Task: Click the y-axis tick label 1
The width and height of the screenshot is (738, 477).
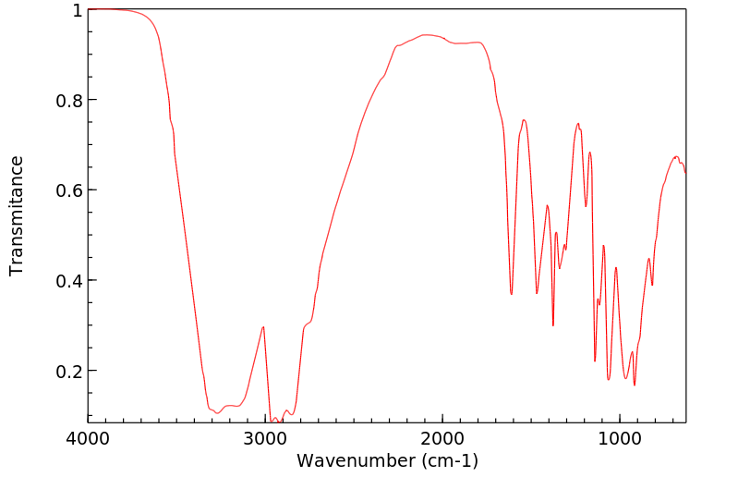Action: (77, 10)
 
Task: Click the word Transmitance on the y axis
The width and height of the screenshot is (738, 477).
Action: (17, 215)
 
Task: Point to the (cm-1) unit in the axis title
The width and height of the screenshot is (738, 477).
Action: (447, 459)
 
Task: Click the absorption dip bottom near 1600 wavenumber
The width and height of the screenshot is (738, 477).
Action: (512, 295)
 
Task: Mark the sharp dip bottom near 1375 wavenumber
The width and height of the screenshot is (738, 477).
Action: (553, 325)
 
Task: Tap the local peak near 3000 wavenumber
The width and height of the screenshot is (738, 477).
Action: (264, 326)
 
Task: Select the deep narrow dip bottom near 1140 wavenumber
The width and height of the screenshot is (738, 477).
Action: (595, 361)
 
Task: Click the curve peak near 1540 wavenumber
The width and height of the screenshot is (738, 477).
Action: (524, 119)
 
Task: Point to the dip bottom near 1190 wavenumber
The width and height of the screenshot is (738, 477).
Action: (586, 206)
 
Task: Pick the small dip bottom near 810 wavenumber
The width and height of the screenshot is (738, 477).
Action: (652, 286)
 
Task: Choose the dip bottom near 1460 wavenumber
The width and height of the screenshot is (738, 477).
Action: (537, 293)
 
